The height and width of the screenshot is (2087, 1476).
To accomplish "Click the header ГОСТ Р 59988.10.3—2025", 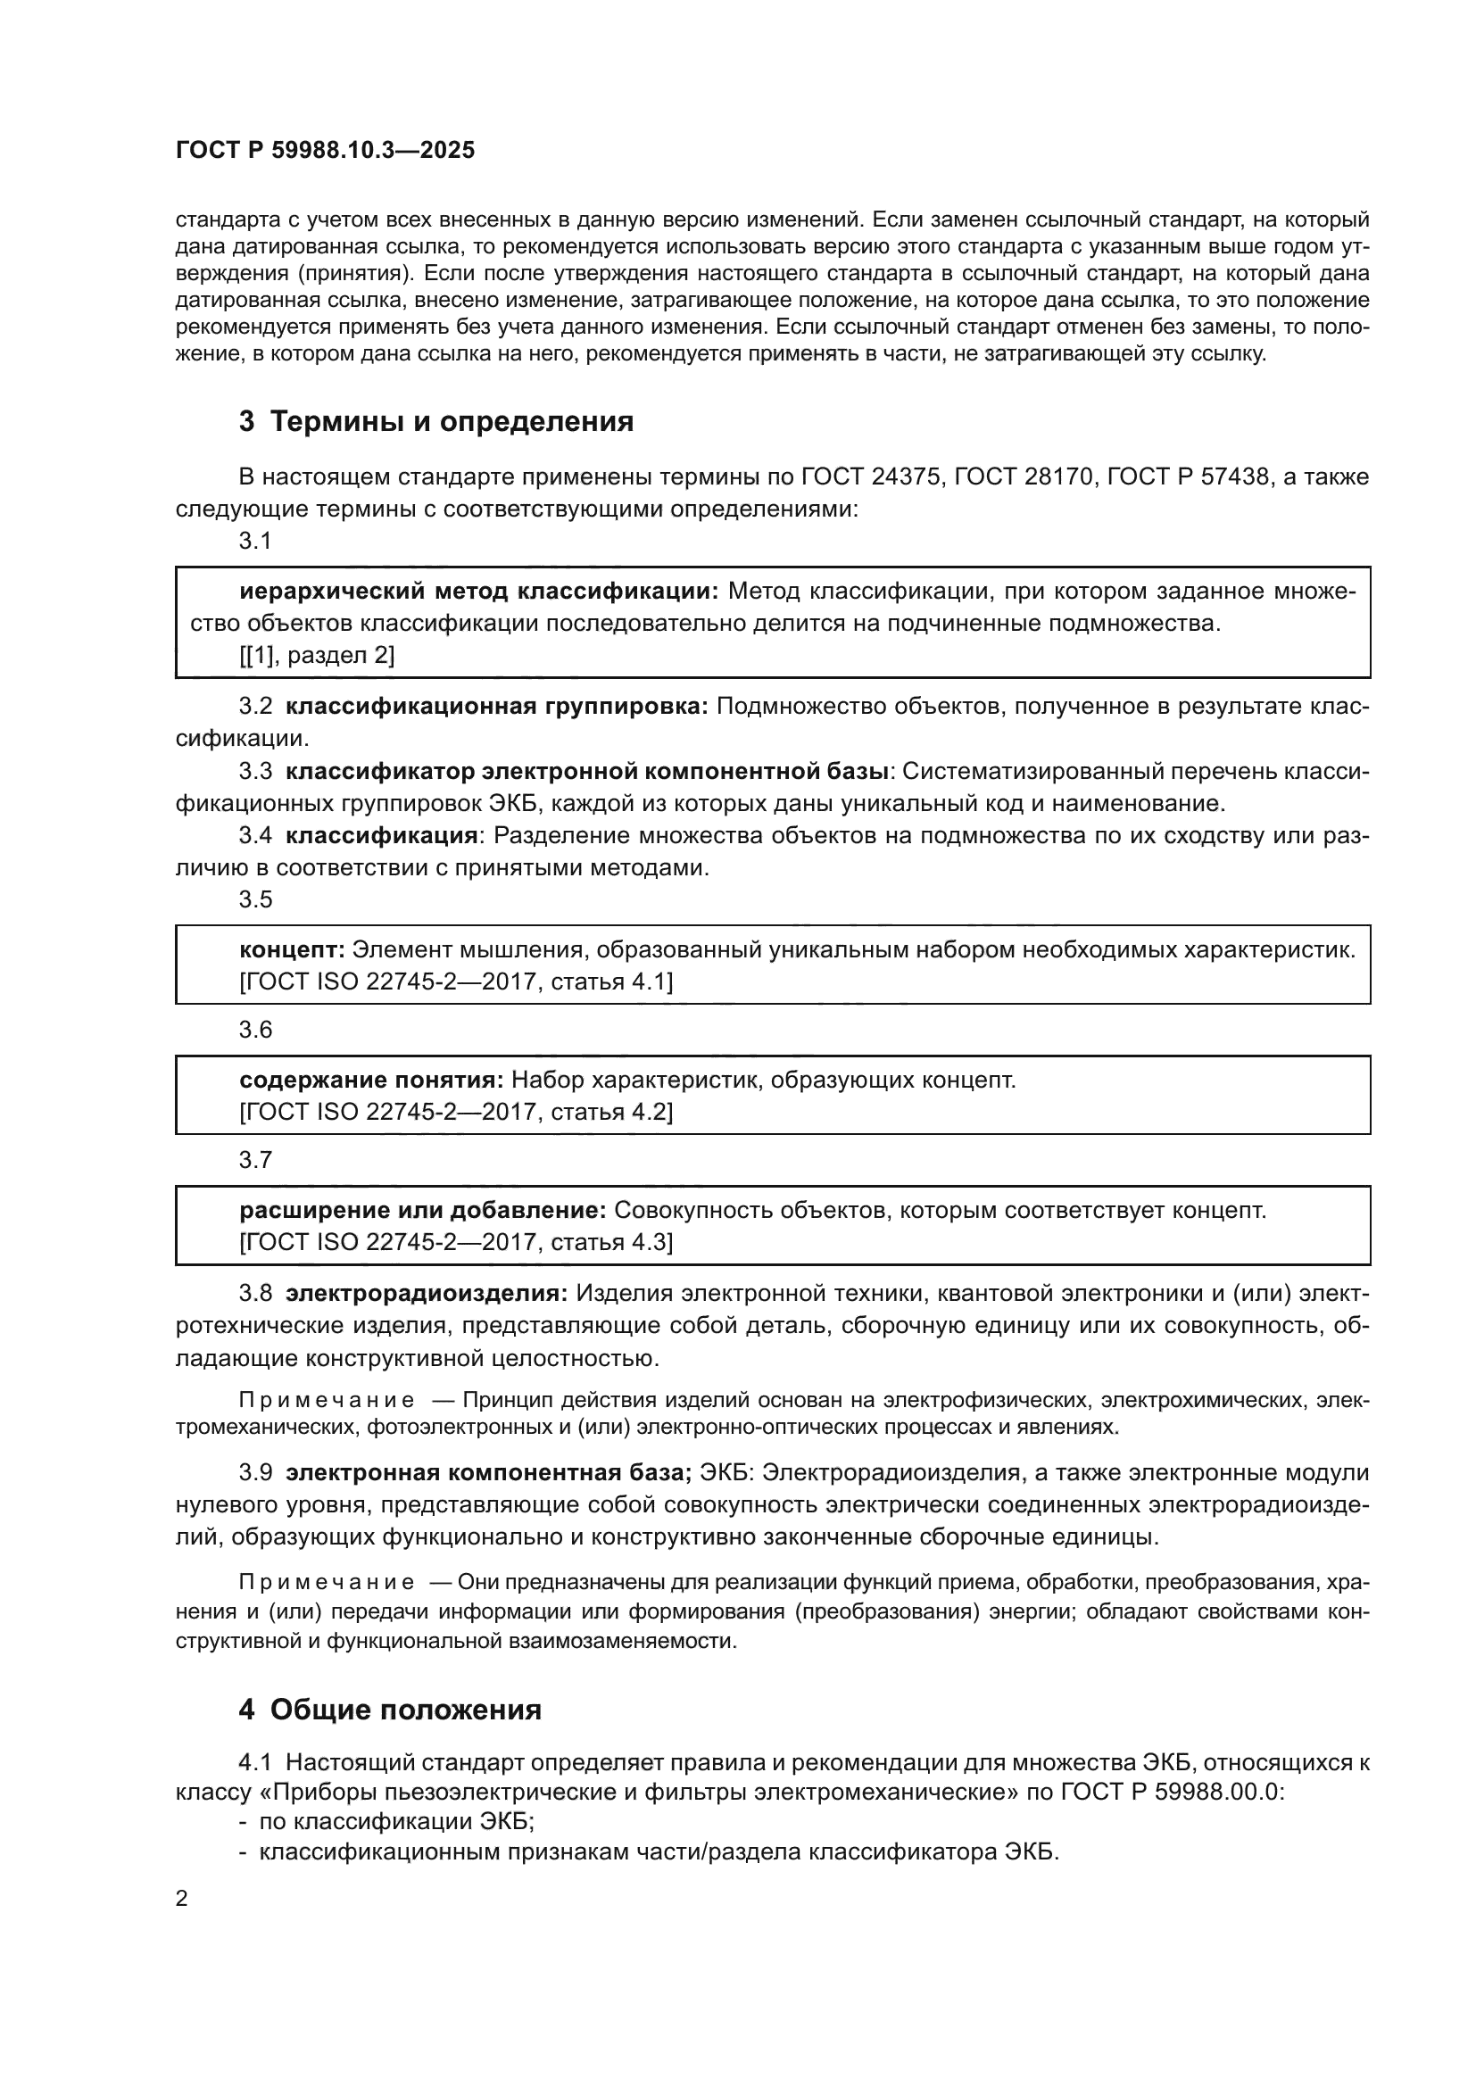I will [326, 151].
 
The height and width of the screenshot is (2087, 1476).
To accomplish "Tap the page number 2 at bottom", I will [182, 1898].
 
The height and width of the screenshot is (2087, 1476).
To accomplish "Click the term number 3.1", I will [255, 541].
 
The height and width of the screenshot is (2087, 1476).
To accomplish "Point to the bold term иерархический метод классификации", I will [478, 592].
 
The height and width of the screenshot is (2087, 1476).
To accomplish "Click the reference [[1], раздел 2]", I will [316, 656].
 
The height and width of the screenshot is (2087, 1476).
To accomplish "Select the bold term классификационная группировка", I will [496, 707].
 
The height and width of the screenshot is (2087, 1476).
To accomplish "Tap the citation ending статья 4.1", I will [456, 981].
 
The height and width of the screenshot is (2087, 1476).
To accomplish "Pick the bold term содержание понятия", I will [371, 1080].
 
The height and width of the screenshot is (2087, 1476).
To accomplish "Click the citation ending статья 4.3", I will [456, 1242].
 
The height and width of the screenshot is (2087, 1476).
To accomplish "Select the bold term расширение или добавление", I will [423, 1211].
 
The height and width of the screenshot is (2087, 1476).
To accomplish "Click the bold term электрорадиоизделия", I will [427, 1293].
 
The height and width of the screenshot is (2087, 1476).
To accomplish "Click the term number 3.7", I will [255, 1160].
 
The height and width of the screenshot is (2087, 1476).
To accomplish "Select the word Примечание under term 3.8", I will [327, 1401].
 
